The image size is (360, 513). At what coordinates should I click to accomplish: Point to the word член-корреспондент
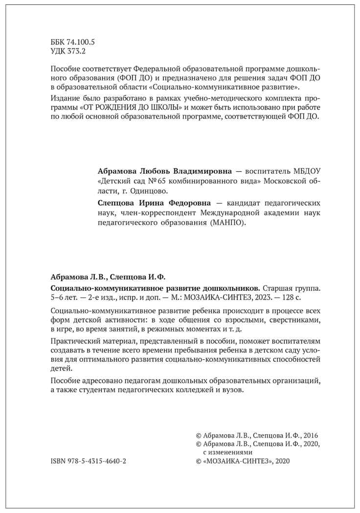tap(161, 213)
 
